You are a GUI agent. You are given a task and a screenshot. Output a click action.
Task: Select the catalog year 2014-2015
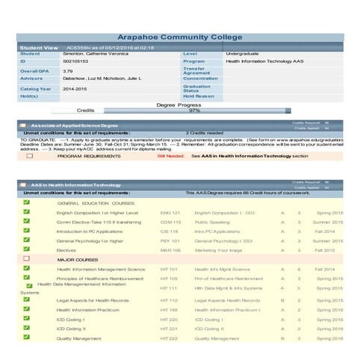75,88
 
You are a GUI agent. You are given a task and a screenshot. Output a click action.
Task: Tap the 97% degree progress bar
194,111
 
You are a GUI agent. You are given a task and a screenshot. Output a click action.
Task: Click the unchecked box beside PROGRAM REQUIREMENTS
29,156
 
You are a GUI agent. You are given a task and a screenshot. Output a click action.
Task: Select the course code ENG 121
170,213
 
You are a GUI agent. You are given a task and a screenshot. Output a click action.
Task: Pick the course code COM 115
170,222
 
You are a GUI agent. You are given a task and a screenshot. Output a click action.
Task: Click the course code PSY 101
170,241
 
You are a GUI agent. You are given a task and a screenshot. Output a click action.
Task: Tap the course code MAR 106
170,250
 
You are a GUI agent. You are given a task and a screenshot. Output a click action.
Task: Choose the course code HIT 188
169,309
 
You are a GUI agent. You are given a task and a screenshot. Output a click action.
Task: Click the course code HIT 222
169,338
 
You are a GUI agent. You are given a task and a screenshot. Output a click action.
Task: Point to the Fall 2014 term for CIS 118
324,232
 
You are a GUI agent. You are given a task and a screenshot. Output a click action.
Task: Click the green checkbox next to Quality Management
26,338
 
